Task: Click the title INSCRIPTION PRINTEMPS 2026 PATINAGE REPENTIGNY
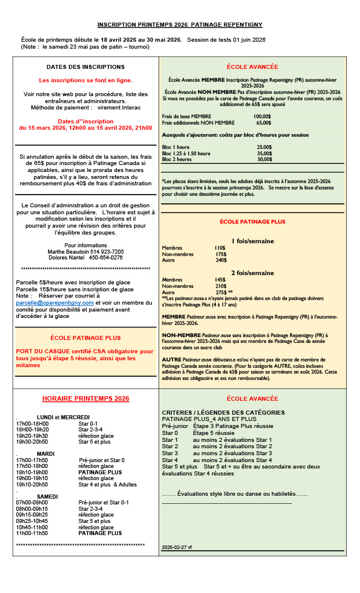click(x=179, y=25)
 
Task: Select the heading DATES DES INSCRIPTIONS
click(x=85, y=67)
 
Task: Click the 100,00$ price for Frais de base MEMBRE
click(x=262, y=116)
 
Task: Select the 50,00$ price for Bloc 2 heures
click(x=265, y=159)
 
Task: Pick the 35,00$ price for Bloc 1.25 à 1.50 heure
click(x=265, y=153)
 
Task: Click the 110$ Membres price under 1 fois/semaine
click(x=220, y=248)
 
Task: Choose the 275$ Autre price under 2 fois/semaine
click(x=220, y=292)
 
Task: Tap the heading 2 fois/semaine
click(x=252, y=273)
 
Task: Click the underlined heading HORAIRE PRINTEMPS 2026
click(x=86, y=398)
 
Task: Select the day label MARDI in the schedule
click(x=46, y=453)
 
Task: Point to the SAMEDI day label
click(x=47, y=496)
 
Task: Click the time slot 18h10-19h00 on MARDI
click(x=32, y=472)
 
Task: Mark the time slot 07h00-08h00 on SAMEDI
click(x=32, y=503)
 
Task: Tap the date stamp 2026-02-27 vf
click(x=177, y=547)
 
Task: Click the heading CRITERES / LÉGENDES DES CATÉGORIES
click(x=223, y=412)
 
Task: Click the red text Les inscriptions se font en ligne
click(x=85, y=80)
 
